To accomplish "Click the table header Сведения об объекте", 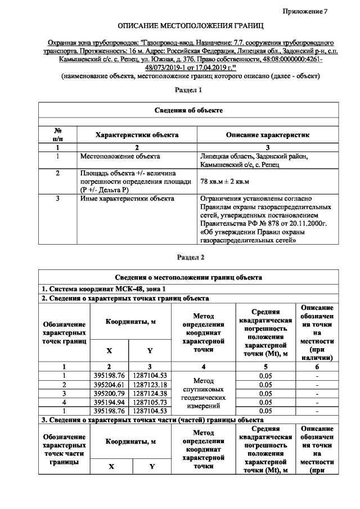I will (188, 110).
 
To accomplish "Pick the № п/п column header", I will (58, 134).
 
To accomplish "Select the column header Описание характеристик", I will (267, 135).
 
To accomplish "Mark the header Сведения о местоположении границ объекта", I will (188, 277).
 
